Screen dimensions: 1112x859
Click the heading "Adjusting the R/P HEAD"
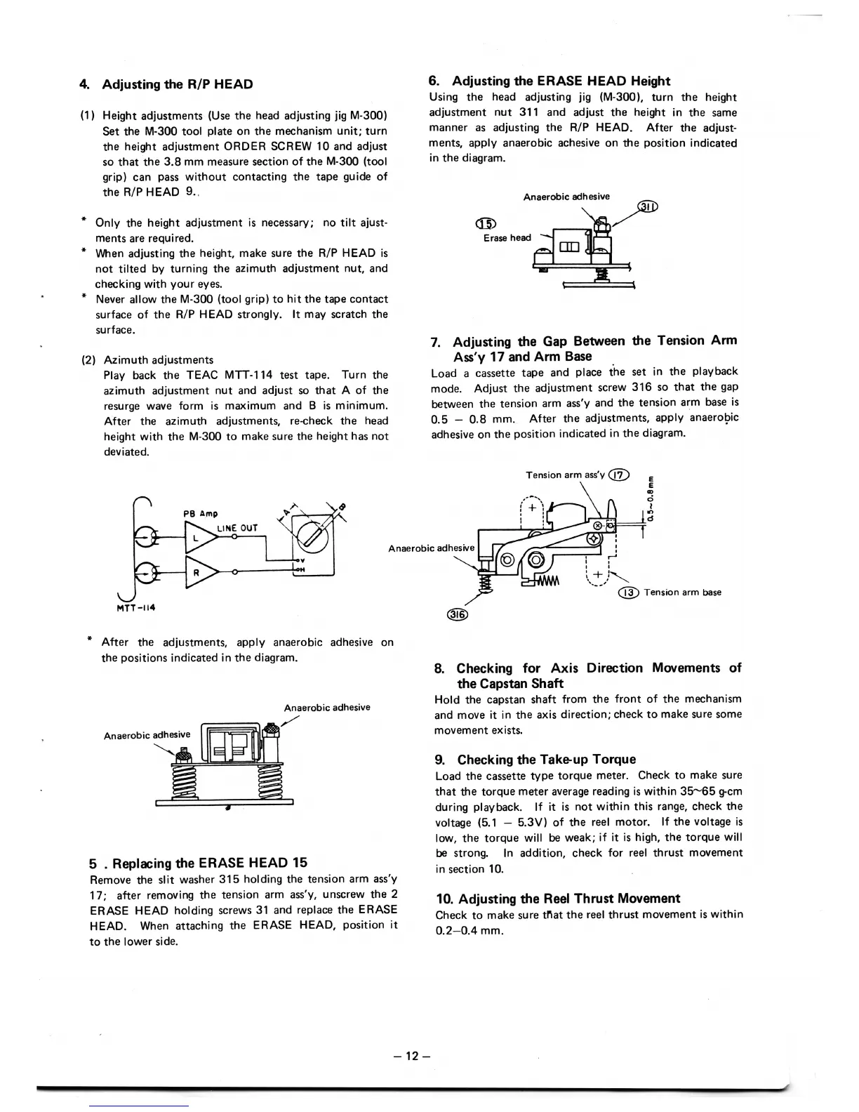click(x=178, y=84)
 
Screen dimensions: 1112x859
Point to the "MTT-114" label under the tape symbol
click(x=135, y=607)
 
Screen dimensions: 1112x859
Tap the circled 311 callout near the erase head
click(x=647, y=206)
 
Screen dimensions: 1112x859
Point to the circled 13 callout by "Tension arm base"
click(x=629, y=592)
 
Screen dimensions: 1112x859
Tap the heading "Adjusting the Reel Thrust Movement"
click(x=558, y=899)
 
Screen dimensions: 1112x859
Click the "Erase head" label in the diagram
click(x=507, y=238)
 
